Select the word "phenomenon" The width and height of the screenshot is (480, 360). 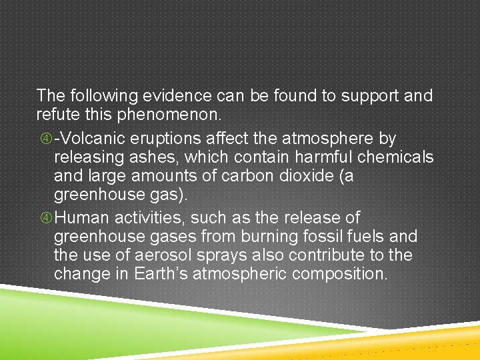click(x=170, y=115)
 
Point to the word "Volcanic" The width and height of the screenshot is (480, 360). click(x=89, y=139)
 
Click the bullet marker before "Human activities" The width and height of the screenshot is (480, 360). click(x=45, y=218)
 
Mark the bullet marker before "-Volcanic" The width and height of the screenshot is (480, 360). click(x=45, y=139)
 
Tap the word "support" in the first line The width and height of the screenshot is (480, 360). click(x=369, y=96)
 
